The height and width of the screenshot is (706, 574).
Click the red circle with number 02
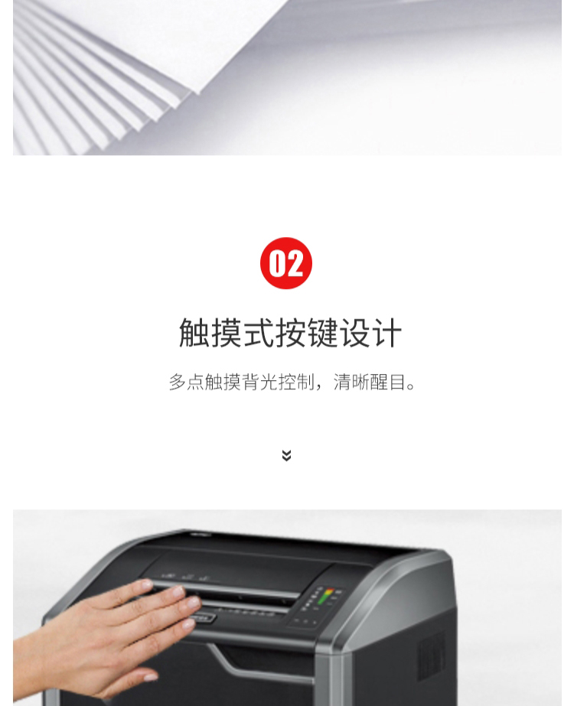pos(286,263)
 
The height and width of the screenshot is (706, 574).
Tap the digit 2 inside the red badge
pos(295,263)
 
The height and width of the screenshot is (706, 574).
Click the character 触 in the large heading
pos(194,333)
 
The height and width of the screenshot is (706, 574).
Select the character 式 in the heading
pos(259,333)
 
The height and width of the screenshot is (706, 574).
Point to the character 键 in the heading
pos(323,333)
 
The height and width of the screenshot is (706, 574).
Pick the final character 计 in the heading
pos(386,333)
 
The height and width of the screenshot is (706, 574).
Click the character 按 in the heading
pos(291,333)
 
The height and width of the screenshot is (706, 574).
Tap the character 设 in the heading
pos(354,333)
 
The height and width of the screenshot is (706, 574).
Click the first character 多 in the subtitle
pos(178,382)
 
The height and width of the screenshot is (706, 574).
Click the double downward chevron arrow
pos(286,455)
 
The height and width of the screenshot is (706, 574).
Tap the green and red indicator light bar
pos(325,596)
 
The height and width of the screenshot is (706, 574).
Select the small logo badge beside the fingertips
pos(204,618)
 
